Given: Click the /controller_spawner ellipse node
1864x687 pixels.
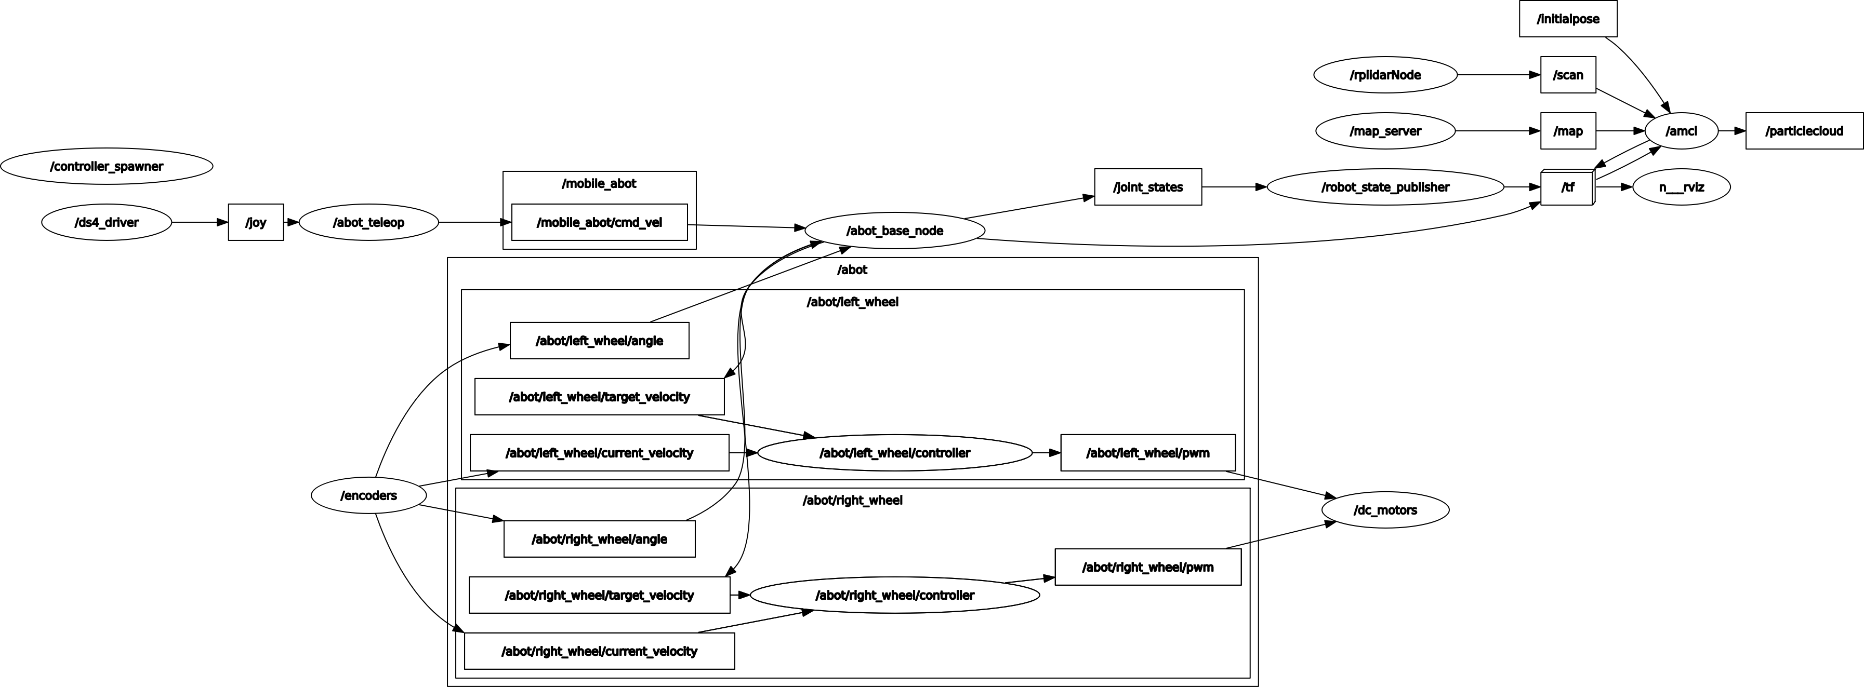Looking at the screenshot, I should pos(107,166).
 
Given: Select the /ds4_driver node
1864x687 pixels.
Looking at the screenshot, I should pos(107,222).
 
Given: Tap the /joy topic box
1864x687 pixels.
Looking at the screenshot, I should pos(256,222).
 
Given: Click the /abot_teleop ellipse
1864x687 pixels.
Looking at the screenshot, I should pos(368,222).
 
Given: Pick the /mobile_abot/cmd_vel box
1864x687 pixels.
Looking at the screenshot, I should pos(599,222).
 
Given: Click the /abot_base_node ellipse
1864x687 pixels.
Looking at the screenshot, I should pos(894,231).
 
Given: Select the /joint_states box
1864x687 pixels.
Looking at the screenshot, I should pos(1147,187).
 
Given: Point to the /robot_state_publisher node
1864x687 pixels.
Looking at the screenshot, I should pos(1385,187).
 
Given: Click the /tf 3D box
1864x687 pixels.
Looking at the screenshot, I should pos(1567,187).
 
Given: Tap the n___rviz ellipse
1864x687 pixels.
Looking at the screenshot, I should pos(1682,187).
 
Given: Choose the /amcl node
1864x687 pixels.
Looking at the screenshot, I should pos(1681,131).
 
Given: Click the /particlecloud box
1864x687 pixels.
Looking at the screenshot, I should pos(1804,131).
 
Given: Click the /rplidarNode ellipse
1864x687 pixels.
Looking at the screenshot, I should pos(1385,75).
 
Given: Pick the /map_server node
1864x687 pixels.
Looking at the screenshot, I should pos(1385,131).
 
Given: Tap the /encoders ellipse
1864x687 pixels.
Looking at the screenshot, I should pos(368,495).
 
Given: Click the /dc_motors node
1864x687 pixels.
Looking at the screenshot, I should pos(1385,510).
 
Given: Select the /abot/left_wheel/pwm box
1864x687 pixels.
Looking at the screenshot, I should pos(1147,453).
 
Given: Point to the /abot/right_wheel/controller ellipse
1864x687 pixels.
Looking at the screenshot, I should pos(894,595).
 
